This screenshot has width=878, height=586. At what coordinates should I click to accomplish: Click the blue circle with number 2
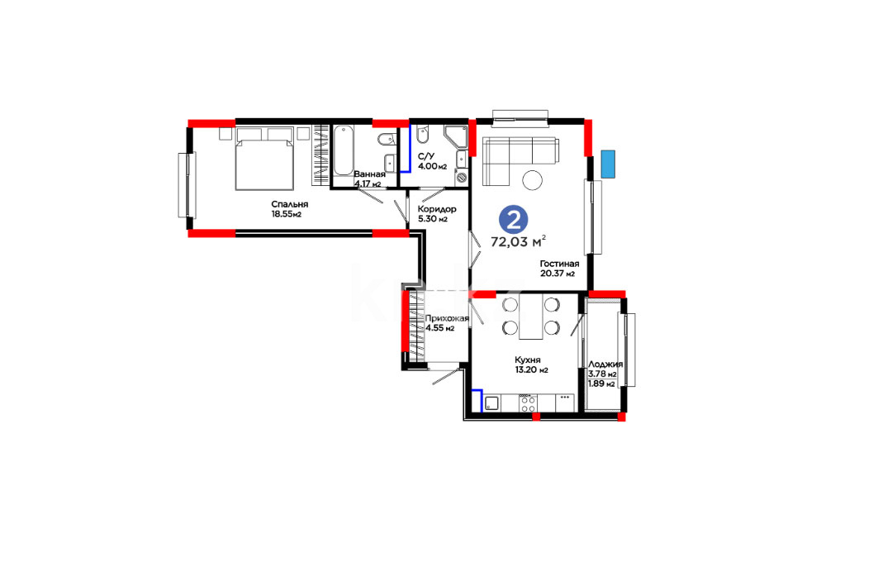coord(513,219)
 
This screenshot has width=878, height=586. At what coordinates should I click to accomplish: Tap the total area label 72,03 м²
coord(518,241)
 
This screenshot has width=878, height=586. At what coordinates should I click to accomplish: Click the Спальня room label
coord(289,204)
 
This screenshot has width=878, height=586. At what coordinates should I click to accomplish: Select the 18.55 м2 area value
coord(286,214)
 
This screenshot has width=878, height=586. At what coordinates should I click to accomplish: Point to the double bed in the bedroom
coord(264,160)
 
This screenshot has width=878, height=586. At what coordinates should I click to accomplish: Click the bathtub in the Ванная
coord(344,150)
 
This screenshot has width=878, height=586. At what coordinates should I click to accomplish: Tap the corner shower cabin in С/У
coord(455,136)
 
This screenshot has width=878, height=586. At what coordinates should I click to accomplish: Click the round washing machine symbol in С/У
coord(462,177)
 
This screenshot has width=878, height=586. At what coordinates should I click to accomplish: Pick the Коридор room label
coord(437,209)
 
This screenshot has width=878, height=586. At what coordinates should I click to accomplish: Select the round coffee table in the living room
coord(533,180)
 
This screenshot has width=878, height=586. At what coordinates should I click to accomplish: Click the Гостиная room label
coord(559,264)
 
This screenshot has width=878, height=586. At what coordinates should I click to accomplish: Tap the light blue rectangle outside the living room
coord(608,164)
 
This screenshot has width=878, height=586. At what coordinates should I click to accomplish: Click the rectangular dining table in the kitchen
coord(531,317)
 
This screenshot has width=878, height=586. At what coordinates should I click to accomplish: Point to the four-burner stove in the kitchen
coord(528,403)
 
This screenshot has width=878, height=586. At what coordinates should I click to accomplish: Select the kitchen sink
coord(492,403)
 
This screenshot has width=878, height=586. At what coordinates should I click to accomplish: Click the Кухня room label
coord(528,360)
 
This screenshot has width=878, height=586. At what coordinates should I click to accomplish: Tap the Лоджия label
coord(605,364)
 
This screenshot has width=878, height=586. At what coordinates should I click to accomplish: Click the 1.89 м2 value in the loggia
coord(601,384)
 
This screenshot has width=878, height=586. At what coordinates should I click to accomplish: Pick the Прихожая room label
coord(447,318)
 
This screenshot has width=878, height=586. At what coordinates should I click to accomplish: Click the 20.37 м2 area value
coord(558,274)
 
